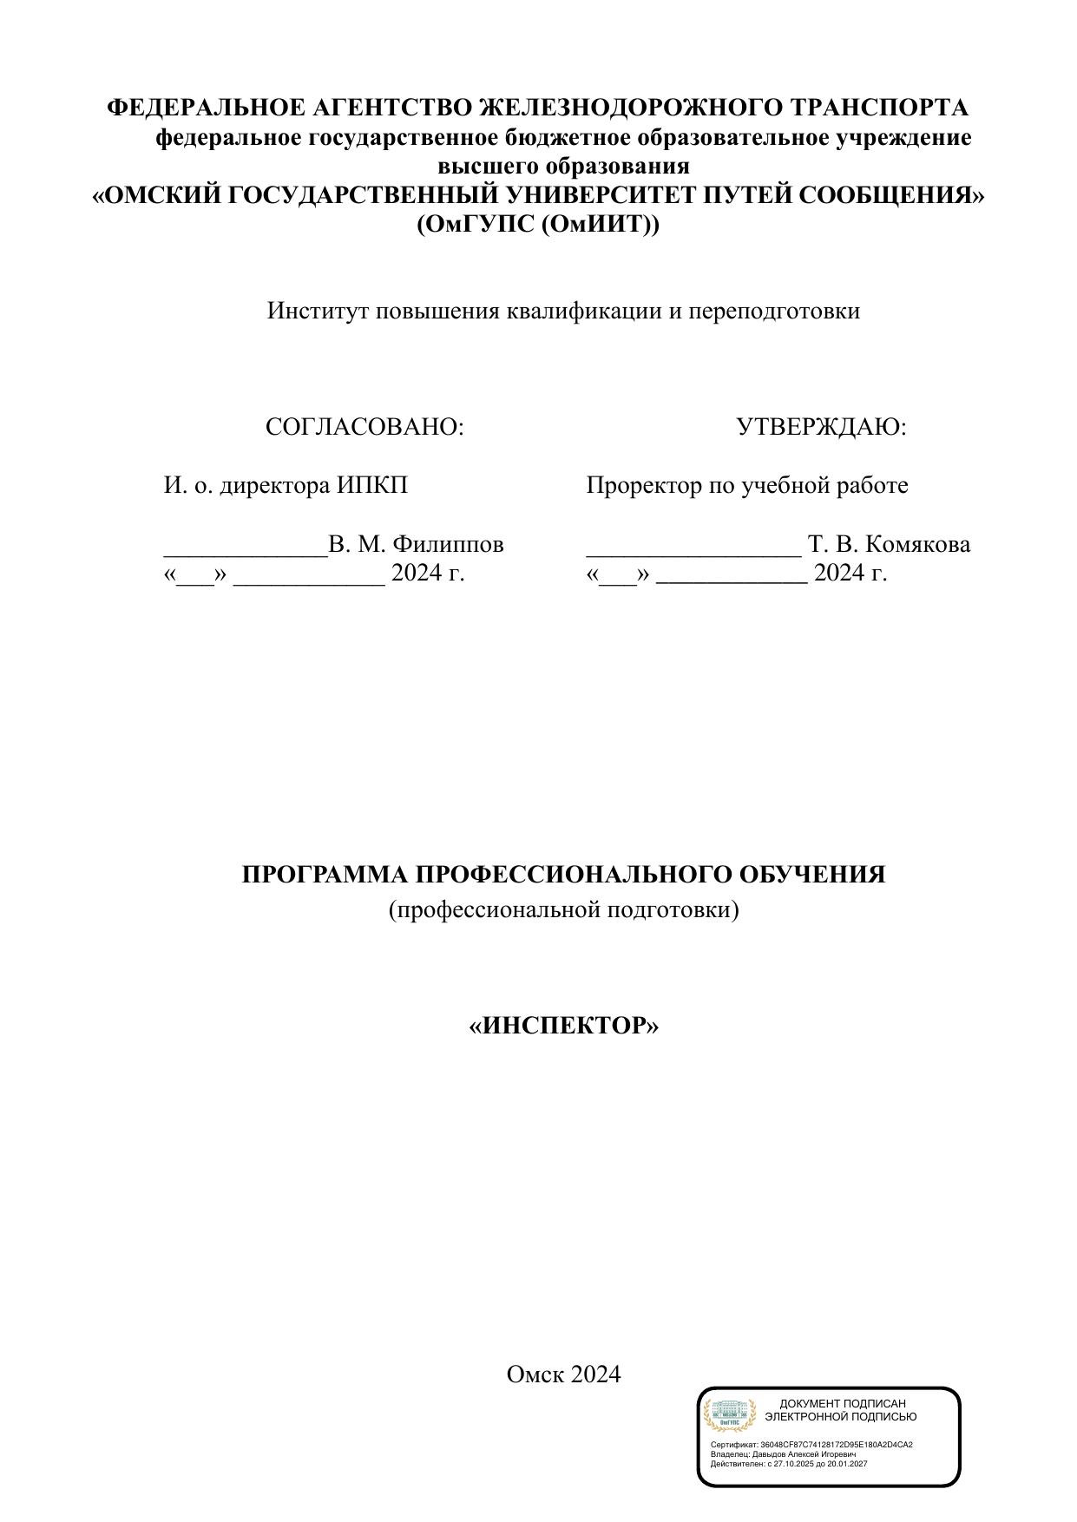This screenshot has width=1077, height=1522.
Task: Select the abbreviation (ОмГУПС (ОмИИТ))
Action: pyautogui.click(x=538, y=225)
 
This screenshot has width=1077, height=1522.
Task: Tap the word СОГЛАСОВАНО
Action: pyautogui.click(x=364, y=427)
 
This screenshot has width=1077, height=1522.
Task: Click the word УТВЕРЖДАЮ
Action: pyautogui.click(x=820, y=427)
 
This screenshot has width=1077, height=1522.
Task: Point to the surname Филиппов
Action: pyautogui.click(x=448, y=545)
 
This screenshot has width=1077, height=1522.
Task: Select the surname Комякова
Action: pyautogui.click(x=918, y=545)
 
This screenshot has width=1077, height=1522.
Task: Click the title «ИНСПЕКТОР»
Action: pyautogui.click(x=564, y=1026)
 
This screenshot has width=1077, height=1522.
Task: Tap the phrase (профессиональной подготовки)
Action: pyautogui.click(x=564, y=909)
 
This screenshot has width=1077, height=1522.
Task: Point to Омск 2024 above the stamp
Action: pyautogui.click(x=564, y=1374)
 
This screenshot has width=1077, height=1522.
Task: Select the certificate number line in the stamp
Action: pyautogui.click(x=811, y=1445)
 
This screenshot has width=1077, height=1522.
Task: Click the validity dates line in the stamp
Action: pyautogui.click(x=789, y=1464)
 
